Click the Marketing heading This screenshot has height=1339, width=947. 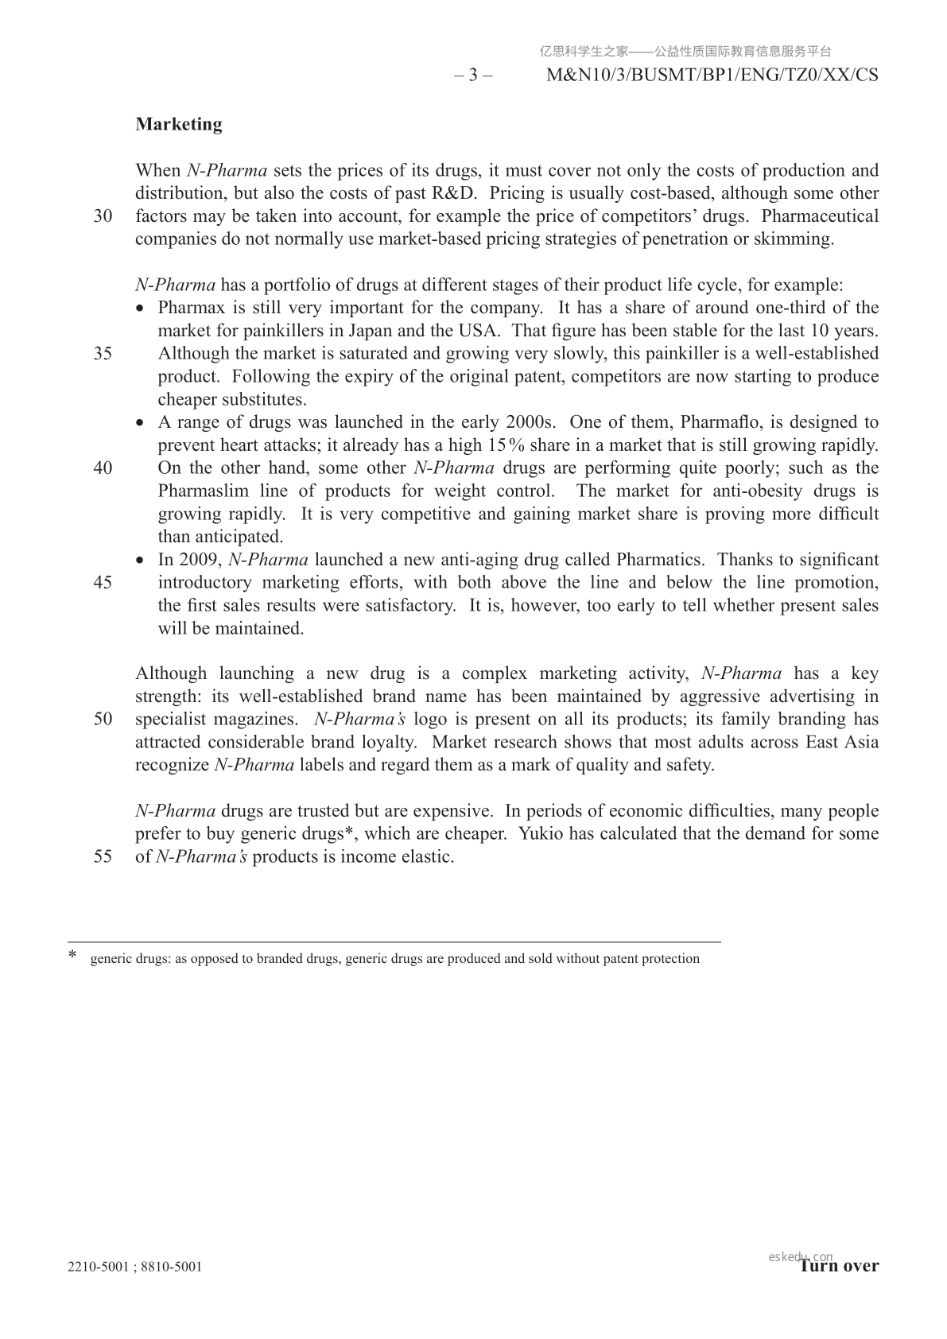point(179,124)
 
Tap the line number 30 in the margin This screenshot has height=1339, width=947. point(103,216)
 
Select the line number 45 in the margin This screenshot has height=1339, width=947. point(103,582)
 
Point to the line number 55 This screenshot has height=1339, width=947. point(103,857)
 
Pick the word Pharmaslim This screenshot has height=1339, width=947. point(203,491)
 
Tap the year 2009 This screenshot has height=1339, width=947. point(199,560)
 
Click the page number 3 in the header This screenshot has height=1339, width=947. point(473,76)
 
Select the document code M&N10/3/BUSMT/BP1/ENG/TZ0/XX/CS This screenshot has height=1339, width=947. point(713,76)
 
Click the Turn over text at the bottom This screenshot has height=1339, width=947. point(840,1266)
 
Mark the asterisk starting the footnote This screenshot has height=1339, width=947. point(73,955)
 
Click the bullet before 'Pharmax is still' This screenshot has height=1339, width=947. point(142,309)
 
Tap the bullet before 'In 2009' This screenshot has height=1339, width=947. point(142,561)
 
